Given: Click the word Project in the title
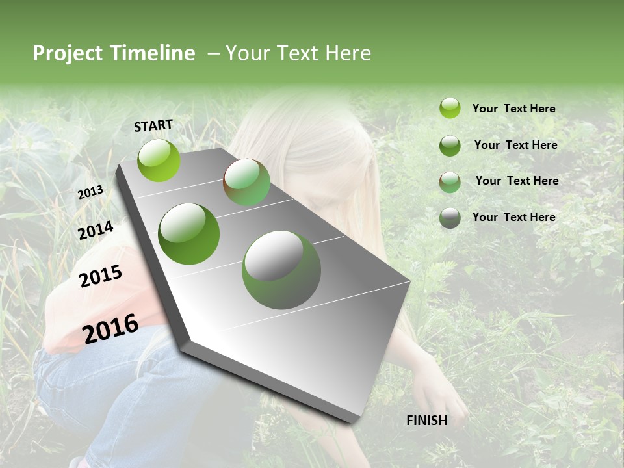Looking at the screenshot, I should pos(68,54).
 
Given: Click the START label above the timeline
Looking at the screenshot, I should pos(153,125).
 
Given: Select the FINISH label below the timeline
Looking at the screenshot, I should pos(426,421).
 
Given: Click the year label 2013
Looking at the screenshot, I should pos(90,192).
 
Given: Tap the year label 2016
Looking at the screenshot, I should pos(110,328).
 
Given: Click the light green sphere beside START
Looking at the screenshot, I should pos(159,160).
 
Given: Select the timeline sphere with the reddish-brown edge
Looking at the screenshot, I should pos(246,182).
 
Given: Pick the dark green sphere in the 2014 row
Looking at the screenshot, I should pos(189,234).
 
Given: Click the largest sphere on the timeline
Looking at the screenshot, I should pos(281,270).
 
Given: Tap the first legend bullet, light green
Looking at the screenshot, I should pos(450,108).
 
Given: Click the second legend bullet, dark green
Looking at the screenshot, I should pos(450,146).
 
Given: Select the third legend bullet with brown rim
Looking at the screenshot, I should pos(450,182).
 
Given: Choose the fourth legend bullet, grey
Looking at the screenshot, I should pos(450,218).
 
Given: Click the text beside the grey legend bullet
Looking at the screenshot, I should pos(513,217).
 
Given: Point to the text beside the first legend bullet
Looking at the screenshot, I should pos(513,109).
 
